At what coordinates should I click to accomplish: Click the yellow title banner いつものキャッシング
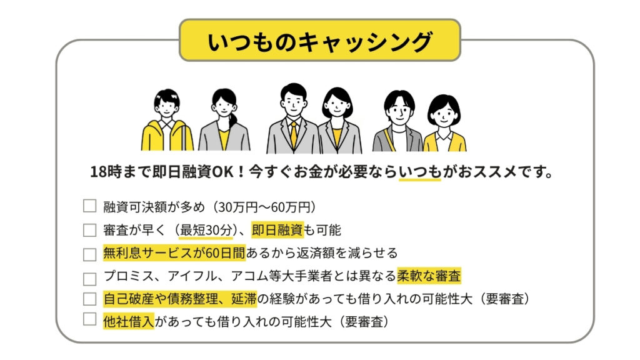[x=320, y=41]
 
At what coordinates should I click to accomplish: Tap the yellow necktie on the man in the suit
[x=294, y=134]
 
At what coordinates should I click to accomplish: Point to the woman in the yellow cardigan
[x=444, y=123]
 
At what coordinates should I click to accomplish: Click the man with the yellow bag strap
[x=397, y=121]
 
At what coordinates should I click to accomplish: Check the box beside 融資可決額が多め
[x=90, y=206]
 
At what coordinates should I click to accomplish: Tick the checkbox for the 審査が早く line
[x=90, y=230]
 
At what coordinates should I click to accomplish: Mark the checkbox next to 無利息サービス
[x=90, y=254]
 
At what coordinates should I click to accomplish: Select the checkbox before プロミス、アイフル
[x=90, y=279]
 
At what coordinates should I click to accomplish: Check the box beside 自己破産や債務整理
[x=90, y=299]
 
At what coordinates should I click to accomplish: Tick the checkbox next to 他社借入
[x=90, y=319]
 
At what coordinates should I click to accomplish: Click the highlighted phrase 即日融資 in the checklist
[x=277, y=230]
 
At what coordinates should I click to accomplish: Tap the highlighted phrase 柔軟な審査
[x=429, y=276]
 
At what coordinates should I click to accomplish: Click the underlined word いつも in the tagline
[x=420, y=172]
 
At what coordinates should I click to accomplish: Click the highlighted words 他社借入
[x=129, y=322]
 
